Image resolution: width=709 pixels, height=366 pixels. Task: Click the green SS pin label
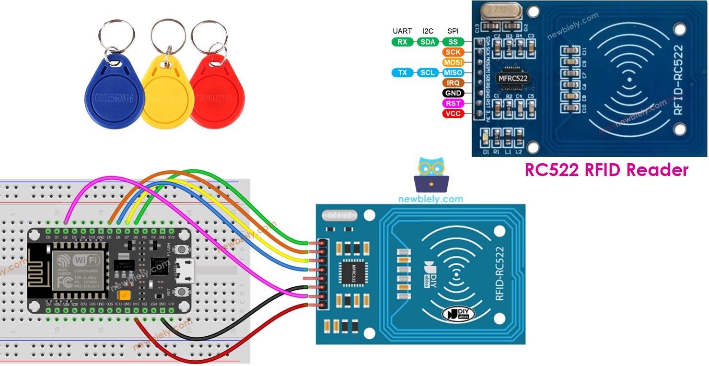(453, 42)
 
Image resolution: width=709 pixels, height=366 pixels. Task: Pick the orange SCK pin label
(453, 52)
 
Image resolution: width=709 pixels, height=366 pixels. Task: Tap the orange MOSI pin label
(453, 62)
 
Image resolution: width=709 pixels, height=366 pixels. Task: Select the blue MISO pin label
(453, 72)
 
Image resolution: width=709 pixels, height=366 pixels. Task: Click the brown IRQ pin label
(453, 83)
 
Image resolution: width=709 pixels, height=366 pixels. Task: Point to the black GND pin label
(453, 93)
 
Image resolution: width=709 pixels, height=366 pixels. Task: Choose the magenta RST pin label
(453, 103)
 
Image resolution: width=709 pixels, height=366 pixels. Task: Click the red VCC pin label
(453, 114)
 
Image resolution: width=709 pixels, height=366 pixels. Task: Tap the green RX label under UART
(403, 42)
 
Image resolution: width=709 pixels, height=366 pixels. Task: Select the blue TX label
(403, 72)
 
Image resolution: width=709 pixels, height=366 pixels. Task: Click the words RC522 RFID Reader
(606, 170)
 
